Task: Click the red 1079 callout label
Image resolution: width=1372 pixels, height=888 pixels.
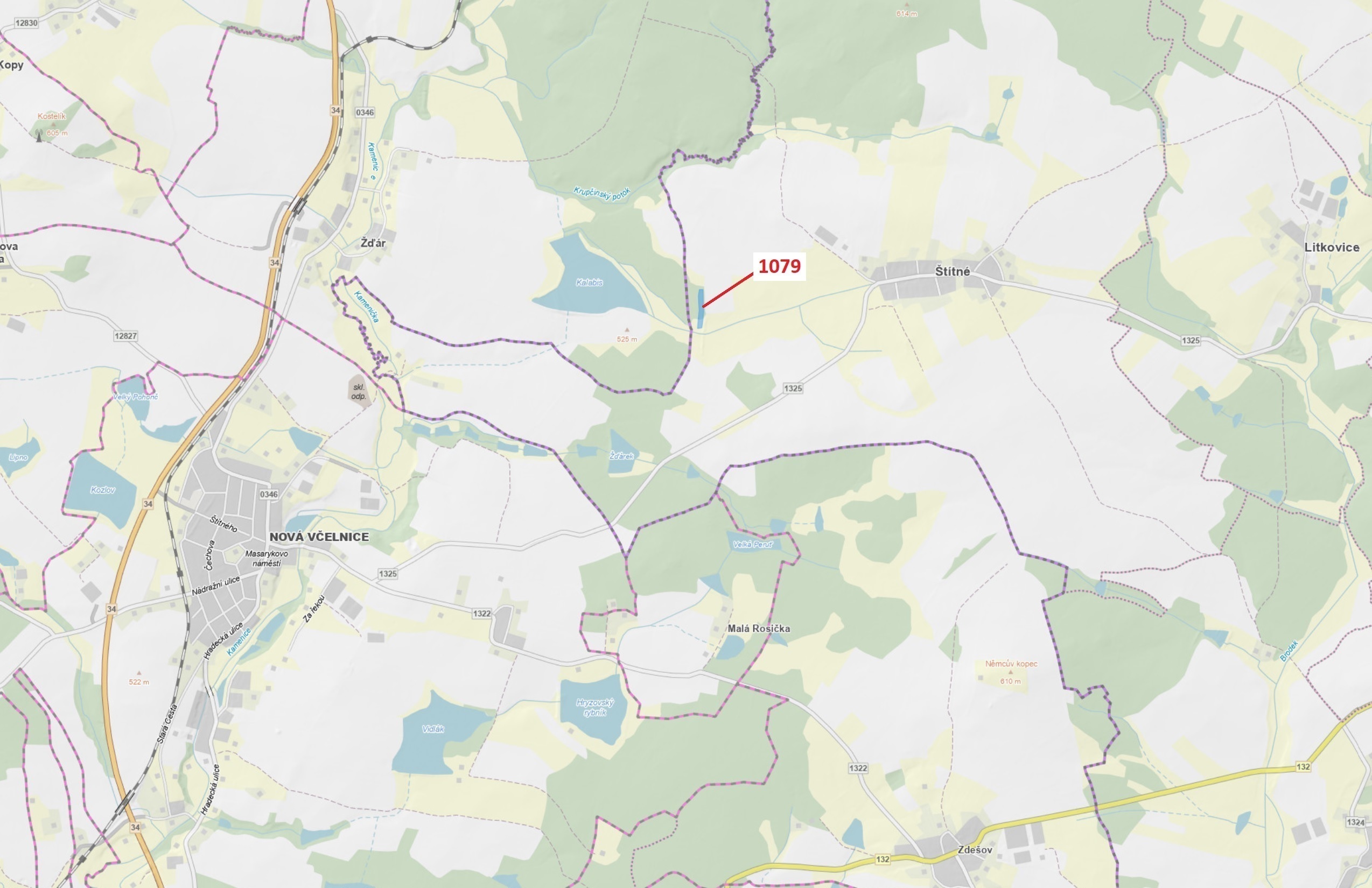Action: click(x=779, y=266)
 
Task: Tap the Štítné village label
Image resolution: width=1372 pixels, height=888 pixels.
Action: click(x=952, y=271)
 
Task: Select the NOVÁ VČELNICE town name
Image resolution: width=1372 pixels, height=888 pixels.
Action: click(x=319, y=537)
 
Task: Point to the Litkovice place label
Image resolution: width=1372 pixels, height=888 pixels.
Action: click(x=1332, y=247)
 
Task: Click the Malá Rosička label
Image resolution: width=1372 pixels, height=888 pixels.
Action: click(x=758, y=629)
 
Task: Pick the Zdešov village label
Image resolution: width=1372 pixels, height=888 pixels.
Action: click(x=975, y=849)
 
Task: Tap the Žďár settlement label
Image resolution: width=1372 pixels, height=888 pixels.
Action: click(x=373, y=243)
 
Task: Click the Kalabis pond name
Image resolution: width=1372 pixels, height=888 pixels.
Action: click(x=589, y=283)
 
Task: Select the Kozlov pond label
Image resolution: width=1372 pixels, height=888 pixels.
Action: click(x=103, y=490)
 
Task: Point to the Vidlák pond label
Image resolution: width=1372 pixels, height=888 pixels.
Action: click(x=433, y=729)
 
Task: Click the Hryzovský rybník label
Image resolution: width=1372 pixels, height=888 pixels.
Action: click(x=595, y=707)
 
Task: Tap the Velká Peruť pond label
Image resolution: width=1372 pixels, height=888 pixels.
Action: click(x=752, y=544)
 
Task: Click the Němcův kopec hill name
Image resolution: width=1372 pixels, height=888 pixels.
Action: click(x=1011, y=664)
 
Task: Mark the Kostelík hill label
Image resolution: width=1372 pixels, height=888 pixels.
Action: click(x=52, y=116)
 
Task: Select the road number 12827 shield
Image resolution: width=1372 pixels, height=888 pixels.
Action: click(x=125, y=336)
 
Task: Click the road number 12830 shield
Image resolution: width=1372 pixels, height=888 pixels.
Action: click(x=26, y=23)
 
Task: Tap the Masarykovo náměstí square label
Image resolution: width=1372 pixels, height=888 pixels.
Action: click(x=267, y=558)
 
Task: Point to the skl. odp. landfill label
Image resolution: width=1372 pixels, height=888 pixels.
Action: click(x=359, y=392)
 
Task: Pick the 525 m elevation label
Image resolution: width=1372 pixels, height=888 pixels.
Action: click(x=627, y=339)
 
